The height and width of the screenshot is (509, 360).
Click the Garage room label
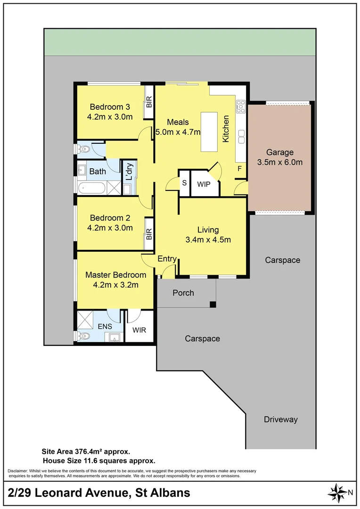click(x=279, y=152)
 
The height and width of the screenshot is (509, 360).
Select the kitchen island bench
click(x=209, y=131)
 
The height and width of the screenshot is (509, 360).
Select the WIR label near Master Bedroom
click(x=139, y=330)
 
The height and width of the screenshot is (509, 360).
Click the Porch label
click(x=183, y=293)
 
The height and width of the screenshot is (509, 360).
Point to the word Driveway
click(x=281, y=419)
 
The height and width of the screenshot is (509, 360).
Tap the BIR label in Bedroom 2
click(x=149, y=233)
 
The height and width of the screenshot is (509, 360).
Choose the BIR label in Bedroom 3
click(x=149, y=101)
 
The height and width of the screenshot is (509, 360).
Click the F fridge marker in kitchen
click(x=239, y=168)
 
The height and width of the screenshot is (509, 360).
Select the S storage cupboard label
click(x=184, y=182)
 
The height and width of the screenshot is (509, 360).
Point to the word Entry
click(x=167, y=259)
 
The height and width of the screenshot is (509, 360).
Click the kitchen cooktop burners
click(x=240, y=107)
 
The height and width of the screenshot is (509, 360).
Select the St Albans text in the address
click(x=163, y=493)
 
